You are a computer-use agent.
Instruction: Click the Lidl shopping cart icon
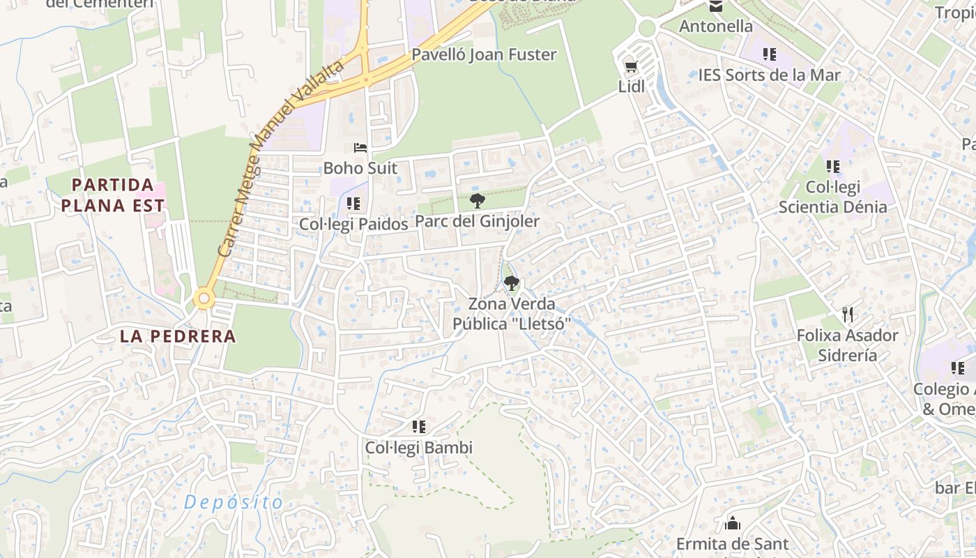[631, 67]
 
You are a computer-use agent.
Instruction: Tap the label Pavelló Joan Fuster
[484, 54]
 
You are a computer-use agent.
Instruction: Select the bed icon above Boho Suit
[360, 148]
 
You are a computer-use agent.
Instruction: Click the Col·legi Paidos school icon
[353, 204]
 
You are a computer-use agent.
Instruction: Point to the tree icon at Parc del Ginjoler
[478, 201]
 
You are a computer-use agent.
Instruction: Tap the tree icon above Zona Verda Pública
[512, 283]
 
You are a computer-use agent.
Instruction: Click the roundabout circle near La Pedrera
[204, 299]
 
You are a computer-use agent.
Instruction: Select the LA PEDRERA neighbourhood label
[178, 336]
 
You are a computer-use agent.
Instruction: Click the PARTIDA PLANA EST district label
[113, 195]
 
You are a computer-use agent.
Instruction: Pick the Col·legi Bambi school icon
[418, 426]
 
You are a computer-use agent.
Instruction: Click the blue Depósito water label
[234, 502]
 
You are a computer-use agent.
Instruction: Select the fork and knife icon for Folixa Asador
[848, 315]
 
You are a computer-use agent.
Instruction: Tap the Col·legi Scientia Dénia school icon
[833, 167]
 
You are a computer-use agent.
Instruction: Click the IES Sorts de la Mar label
[770, 75]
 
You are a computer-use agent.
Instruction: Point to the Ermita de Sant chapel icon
[733, 522]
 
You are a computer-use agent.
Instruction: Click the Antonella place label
[716, 27]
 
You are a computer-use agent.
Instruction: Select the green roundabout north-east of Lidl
[646, 28]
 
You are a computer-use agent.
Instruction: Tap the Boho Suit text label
[360, 168]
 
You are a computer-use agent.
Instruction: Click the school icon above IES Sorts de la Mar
[770, 54]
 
